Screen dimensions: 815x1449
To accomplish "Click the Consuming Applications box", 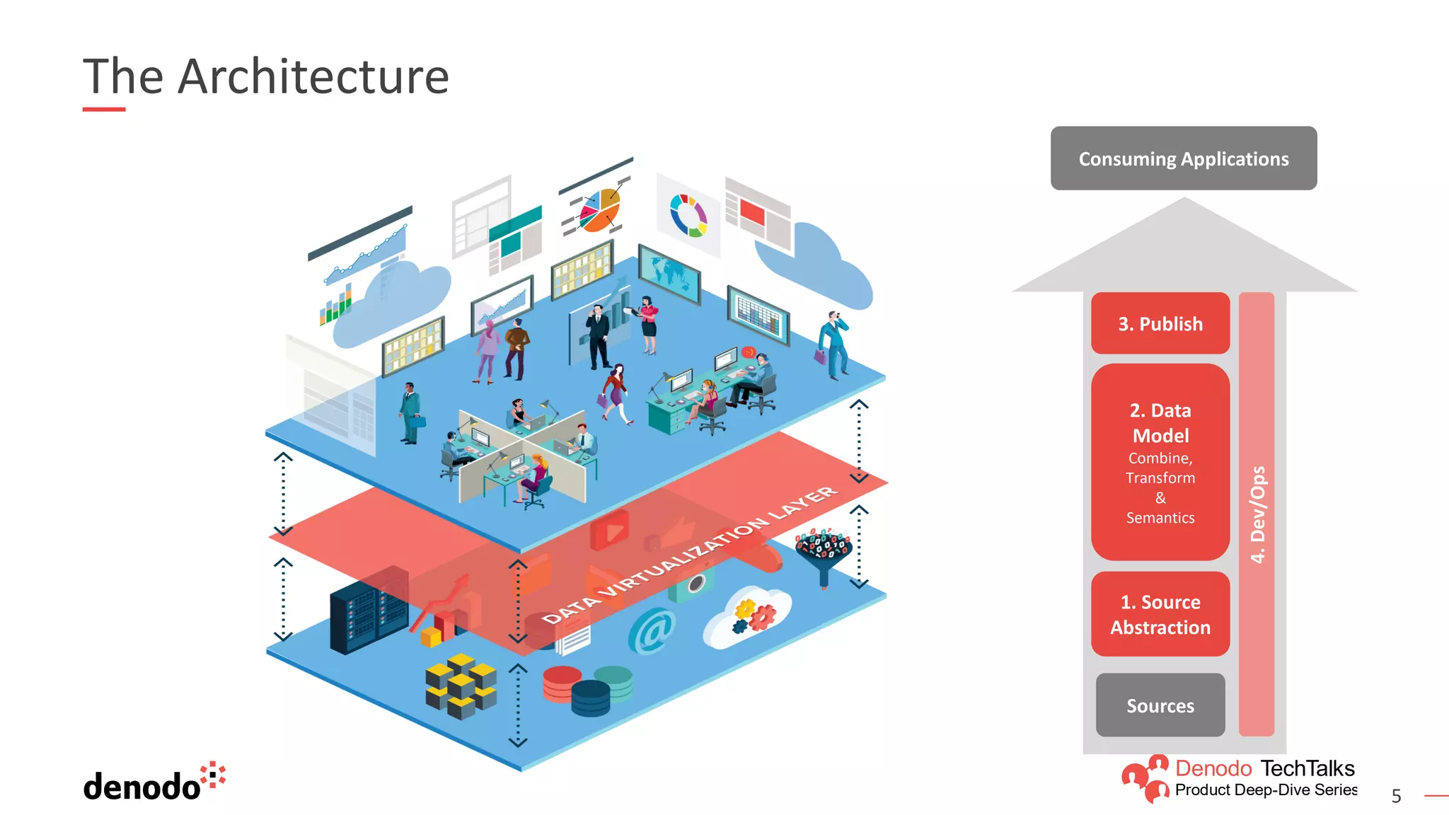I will (1183, 158).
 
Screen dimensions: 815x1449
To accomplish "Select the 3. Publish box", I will (1160, 323).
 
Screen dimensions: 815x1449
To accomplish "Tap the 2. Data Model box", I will (1160, 461).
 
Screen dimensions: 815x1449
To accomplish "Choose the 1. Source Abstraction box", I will (1160, 614).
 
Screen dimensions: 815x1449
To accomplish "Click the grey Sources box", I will (1160, 705).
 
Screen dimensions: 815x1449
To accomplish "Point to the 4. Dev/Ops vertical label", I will (1257, 514).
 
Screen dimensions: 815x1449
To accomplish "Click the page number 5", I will (1396, 797).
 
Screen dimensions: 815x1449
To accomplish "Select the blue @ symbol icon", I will (652, 630).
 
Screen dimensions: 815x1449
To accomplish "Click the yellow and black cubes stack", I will (461, 686).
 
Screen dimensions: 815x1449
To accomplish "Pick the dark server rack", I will (367, 609).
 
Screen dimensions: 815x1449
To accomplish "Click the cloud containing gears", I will (748, 616).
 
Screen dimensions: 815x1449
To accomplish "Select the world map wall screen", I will (669, 274).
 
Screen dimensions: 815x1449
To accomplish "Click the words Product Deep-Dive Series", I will (1266, 790).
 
